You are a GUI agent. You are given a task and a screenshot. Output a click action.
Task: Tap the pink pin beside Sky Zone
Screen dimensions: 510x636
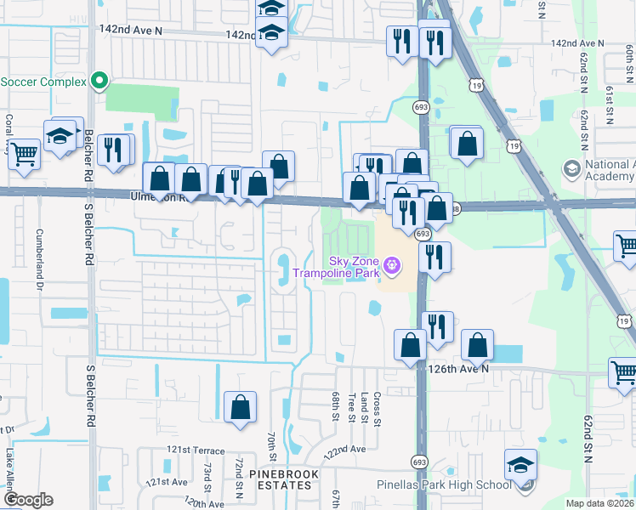click(x=391, y=266)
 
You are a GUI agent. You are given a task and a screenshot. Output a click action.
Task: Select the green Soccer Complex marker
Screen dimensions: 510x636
click(x=99, y=82)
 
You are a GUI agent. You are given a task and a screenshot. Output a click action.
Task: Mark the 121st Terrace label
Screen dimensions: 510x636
click(x=196, y=450)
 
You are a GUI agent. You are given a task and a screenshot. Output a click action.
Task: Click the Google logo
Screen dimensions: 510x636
click(x=27, y=500)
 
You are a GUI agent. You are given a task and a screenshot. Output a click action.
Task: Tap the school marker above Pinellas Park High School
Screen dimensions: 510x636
click(x=520, y=465)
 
